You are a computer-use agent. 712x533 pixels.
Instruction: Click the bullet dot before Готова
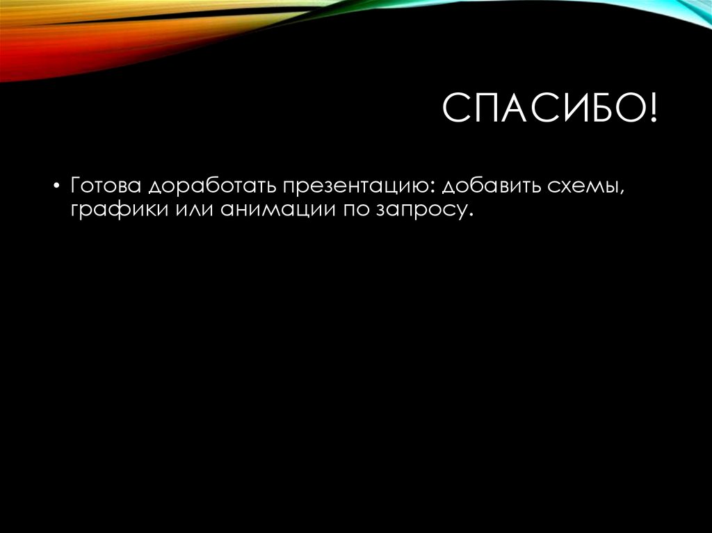(x=56, y=188)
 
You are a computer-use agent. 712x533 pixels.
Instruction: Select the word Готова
(x=105, y=187)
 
